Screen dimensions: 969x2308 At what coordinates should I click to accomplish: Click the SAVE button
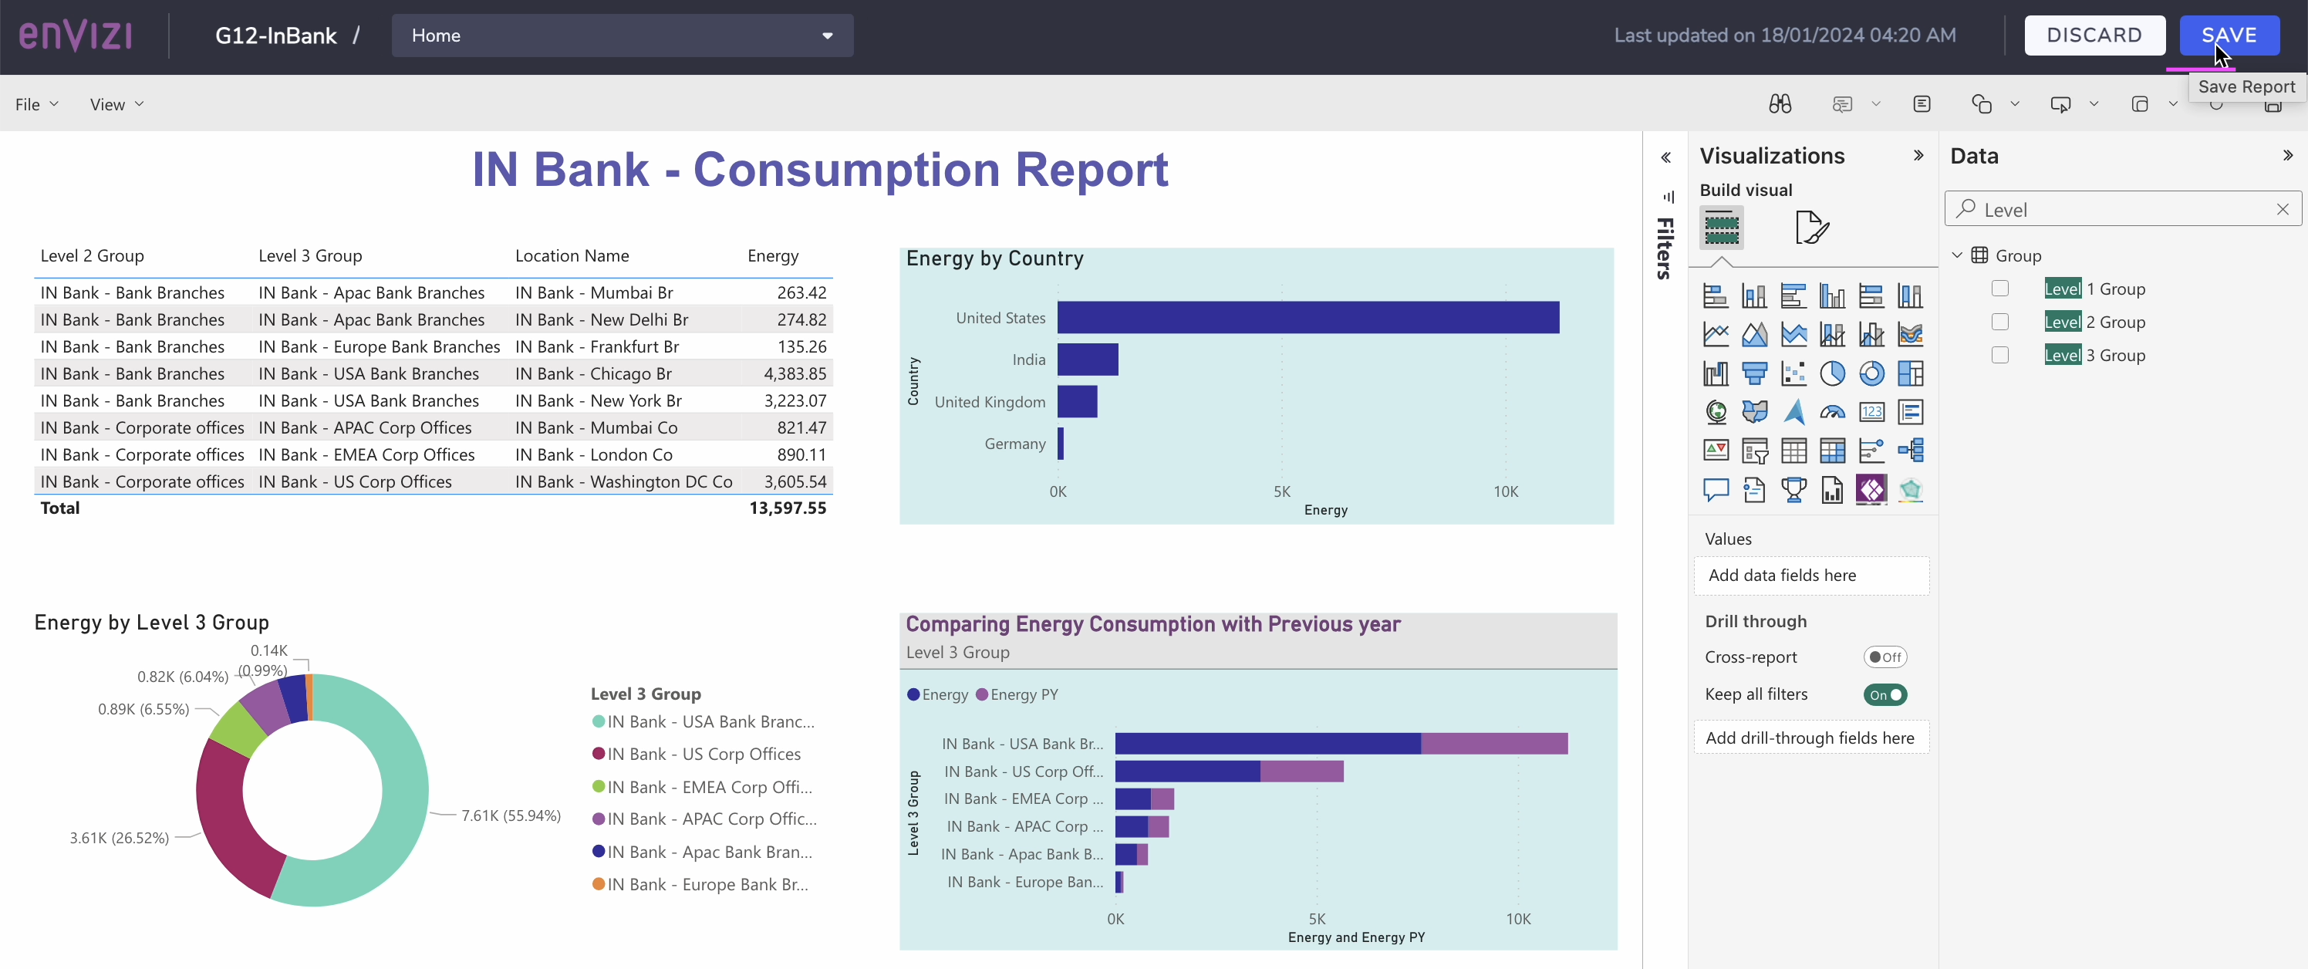(x=2229, y=35)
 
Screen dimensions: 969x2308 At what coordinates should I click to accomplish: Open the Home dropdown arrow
(x=827, y=35)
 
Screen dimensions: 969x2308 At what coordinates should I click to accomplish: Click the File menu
(x=35, y=104)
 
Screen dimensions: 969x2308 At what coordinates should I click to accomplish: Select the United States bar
(x=1308, y=317)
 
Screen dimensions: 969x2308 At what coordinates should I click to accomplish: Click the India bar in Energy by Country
(x=1087, y=360)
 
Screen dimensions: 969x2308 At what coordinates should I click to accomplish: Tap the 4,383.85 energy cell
(x=794, y=374)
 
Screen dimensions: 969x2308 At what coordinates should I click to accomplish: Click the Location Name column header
(x=572, y=255)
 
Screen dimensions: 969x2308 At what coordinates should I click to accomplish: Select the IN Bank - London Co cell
(x=593, y=454)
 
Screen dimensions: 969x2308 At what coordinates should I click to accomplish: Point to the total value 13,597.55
(x=787, y=508)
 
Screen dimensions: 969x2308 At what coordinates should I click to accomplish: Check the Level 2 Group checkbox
(x=1999, y=322)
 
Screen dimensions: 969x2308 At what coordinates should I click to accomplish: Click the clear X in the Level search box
(x=2282, y=209)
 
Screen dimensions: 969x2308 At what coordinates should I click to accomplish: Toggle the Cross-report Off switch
(x=1885, y=657)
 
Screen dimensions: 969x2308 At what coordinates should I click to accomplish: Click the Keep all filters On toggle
(x=1885, y=694)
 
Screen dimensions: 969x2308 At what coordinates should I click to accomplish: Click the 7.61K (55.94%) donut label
(x=511, y=815)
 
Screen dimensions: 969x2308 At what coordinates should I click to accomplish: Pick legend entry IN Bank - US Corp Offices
(x=704, y=754)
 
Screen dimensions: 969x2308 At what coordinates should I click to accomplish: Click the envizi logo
(x=76, y=35)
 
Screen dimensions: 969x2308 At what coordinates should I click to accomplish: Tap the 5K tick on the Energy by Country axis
(x=1281, y=491)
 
